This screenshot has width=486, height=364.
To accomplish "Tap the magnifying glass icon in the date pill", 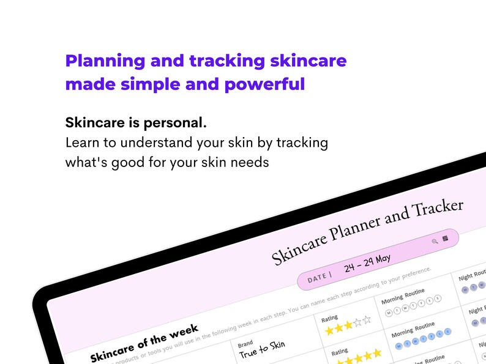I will click(x=435, y=241).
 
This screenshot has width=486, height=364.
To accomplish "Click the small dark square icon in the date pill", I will click(x=446, y=237).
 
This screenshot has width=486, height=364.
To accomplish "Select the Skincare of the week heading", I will click(x=144, y=343).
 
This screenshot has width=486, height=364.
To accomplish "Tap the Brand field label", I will click(x=245, y=344).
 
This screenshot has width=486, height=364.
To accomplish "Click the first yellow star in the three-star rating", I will click(x=329, y=331).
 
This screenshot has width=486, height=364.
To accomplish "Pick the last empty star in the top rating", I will click(x=367, y=319).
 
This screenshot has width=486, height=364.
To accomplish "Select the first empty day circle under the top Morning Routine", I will click(x=389, y=314).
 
